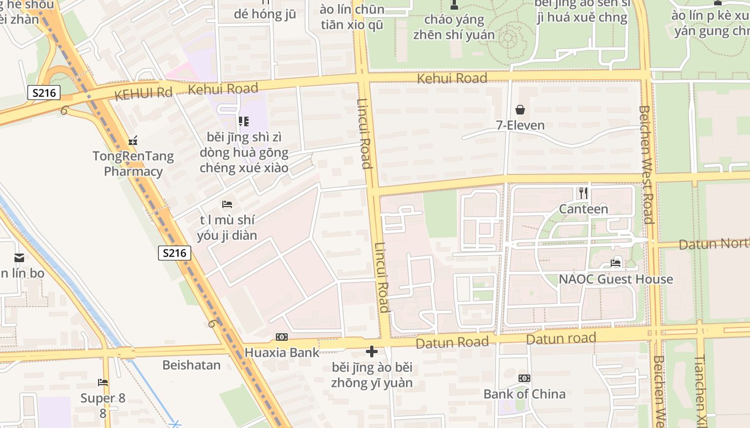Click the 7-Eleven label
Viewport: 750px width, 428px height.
pos(520,126)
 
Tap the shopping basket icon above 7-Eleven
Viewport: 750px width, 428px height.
pos(520,110)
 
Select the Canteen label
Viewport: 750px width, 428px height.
pos(583,209)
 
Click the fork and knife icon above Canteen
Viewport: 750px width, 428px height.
pos(583,193)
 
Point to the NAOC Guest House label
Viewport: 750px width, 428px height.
pos(616,279)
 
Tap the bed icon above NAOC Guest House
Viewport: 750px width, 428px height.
pos(616,263)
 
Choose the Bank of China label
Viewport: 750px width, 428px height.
pos(524,394)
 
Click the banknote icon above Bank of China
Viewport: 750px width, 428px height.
pos(524,378)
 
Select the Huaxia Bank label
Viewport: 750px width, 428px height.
pos(282,353)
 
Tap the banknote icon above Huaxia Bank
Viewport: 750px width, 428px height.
pos(282,337)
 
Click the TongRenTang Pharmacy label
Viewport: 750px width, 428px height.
pos(133,164)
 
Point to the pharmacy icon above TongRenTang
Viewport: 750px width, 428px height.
pos(133,141)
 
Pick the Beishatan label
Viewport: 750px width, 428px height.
pos(191,365)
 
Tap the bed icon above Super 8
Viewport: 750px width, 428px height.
pos(103,383)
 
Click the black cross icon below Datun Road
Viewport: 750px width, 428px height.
pos(372,351)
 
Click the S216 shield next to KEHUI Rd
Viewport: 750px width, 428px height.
pos(44,93)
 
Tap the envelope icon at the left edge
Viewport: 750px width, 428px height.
pos(19,258)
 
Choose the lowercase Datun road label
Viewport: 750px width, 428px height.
pos(561,339)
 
